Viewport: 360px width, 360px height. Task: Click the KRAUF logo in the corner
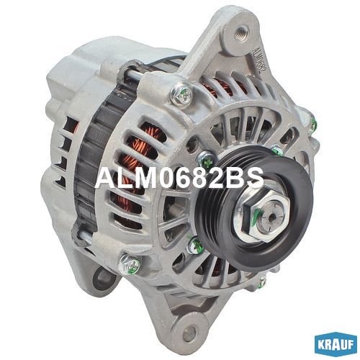pos(336,345)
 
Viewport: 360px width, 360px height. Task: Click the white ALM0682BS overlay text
pos(179,178)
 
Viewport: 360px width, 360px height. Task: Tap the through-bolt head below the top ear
pos(181,94)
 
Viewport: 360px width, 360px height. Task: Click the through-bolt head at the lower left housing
pos(130,264)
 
